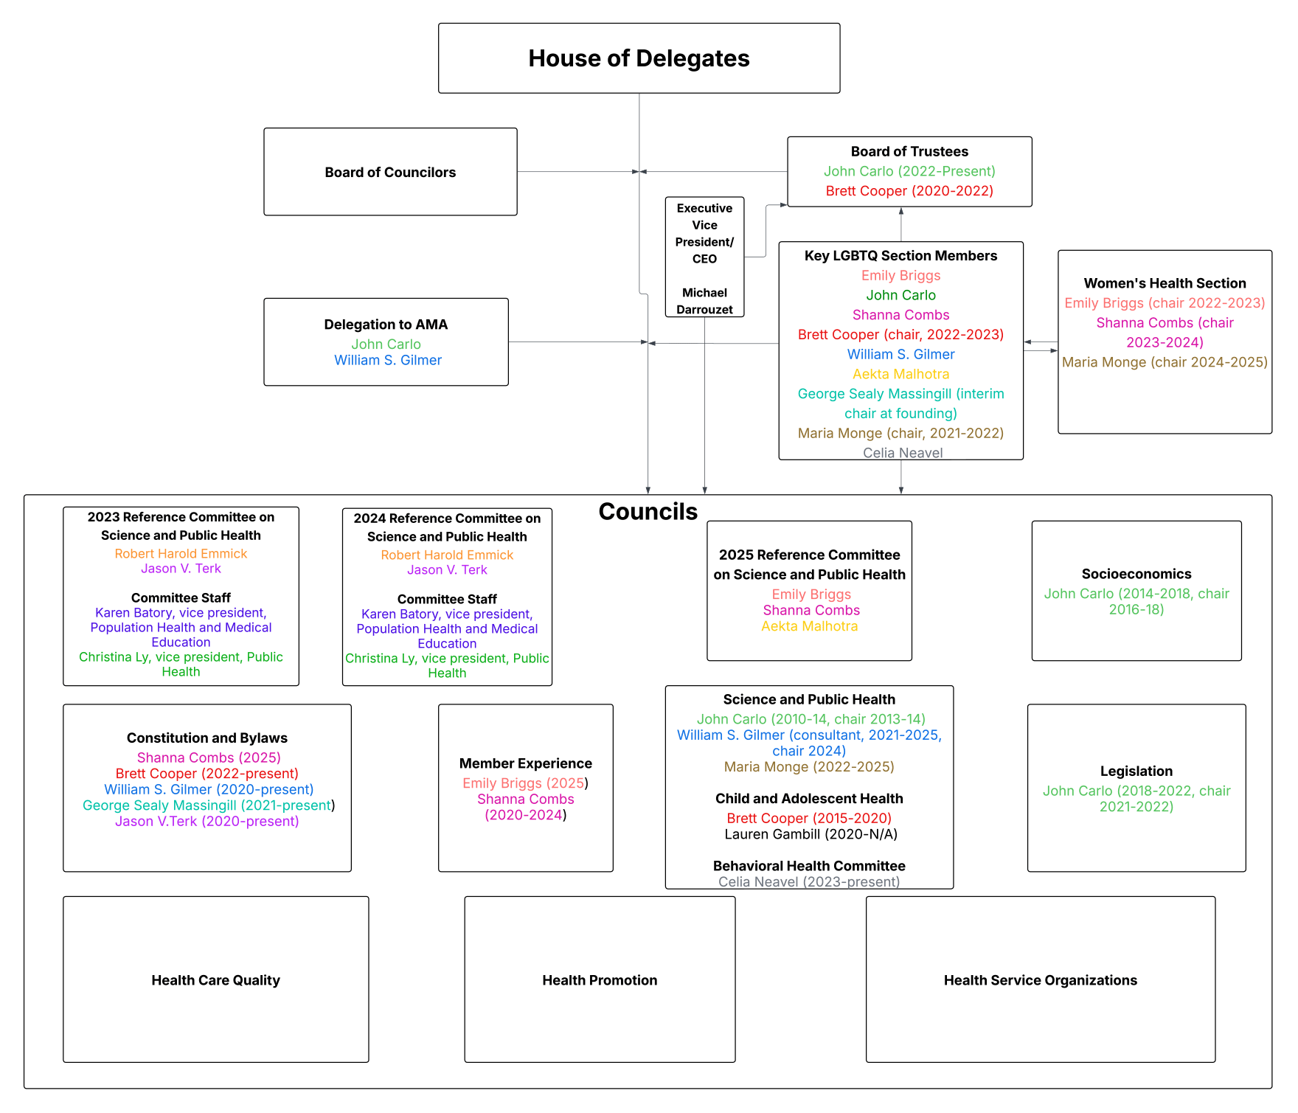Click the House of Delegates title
[x=639, y=58]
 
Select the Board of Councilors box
[x=390, y=172]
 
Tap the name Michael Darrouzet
[x=704, y=301]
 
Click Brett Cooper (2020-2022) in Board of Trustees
[x=909, y=191]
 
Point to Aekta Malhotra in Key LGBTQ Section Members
[x=900, y=374]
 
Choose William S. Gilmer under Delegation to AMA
[x=388, y=360]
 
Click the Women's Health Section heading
[x=1165, y=283]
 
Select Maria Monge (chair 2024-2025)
[x=1165, y=362]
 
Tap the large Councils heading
[x=648, y=511]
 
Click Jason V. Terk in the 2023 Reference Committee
[x=181, y=569]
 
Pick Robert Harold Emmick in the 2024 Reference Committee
[x=447, y=555]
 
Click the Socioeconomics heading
[x=1136, y=574]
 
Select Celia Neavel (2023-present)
[x=809, y=881]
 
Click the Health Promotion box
[x=600, y=979]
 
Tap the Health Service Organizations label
[x=1040, y=980]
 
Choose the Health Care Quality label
[x=215, y=980]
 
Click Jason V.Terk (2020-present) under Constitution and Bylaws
[x=206, y=821]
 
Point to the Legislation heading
[x=1136, y=771]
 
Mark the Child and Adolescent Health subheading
[x=809, y=798]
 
